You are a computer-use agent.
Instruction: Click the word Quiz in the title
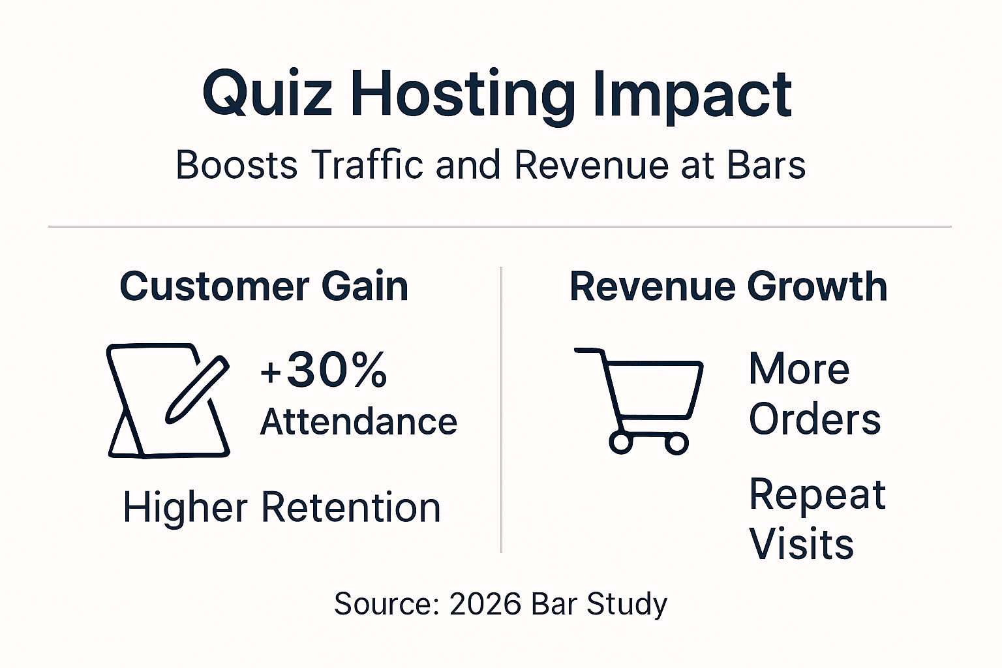point(267,95)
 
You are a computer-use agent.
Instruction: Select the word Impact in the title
point(693,95)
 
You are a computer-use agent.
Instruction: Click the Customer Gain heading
point(264,286)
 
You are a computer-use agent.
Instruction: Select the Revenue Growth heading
point(728,286)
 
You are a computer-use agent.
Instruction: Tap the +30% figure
point(324,371)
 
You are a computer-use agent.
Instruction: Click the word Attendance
point(359,421)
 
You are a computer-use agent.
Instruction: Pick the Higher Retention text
point(282,508)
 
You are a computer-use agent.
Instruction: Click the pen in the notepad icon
point(196,389)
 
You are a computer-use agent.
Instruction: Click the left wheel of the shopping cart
point(621,443)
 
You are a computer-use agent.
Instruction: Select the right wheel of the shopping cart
point(676,443)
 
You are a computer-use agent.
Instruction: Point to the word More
point(799,369)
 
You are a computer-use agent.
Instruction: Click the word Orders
point(815,419)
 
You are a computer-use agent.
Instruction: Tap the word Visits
point(801,544)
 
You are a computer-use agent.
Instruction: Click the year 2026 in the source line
point(484,604)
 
